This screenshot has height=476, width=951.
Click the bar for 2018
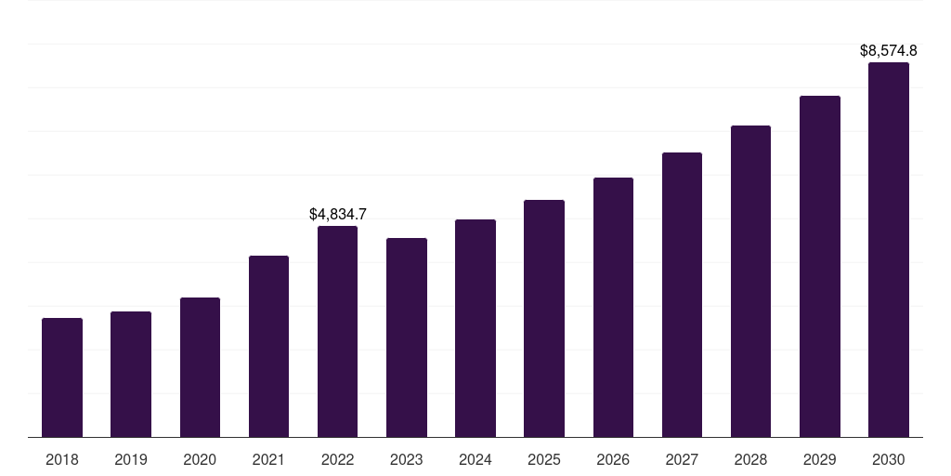click(62, 377)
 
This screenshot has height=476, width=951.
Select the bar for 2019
click(131, 375)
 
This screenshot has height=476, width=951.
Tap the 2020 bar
click(201, 367)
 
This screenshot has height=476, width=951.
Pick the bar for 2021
click(268, 347)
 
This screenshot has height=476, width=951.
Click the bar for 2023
click(407, 337)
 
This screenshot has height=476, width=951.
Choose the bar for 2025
click(544, 319)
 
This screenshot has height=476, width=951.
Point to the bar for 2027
click(682, 295)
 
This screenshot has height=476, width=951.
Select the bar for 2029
click(820, 267)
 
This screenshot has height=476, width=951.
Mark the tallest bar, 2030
click(889, 249)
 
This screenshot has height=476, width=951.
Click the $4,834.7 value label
click(338, 215)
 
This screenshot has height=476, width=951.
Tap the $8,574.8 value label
click(889, 51)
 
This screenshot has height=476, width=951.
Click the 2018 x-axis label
click(62, 459)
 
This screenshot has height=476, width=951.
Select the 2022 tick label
click(337, 459)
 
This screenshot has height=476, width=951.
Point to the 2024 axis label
click(475, 459)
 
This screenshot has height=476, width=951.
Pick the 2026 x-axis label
click(613, 459)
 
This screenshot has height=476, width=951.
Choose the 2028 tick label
click(750, 459)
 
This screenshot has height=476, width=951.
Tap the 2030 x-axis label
click(889, 459)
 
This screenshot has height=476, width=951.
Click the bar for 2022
click(337, 332)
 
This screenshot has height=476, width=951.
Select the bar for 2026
click(613, 307)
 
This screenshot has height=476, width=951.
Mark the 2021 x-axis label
click(268, 459)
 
